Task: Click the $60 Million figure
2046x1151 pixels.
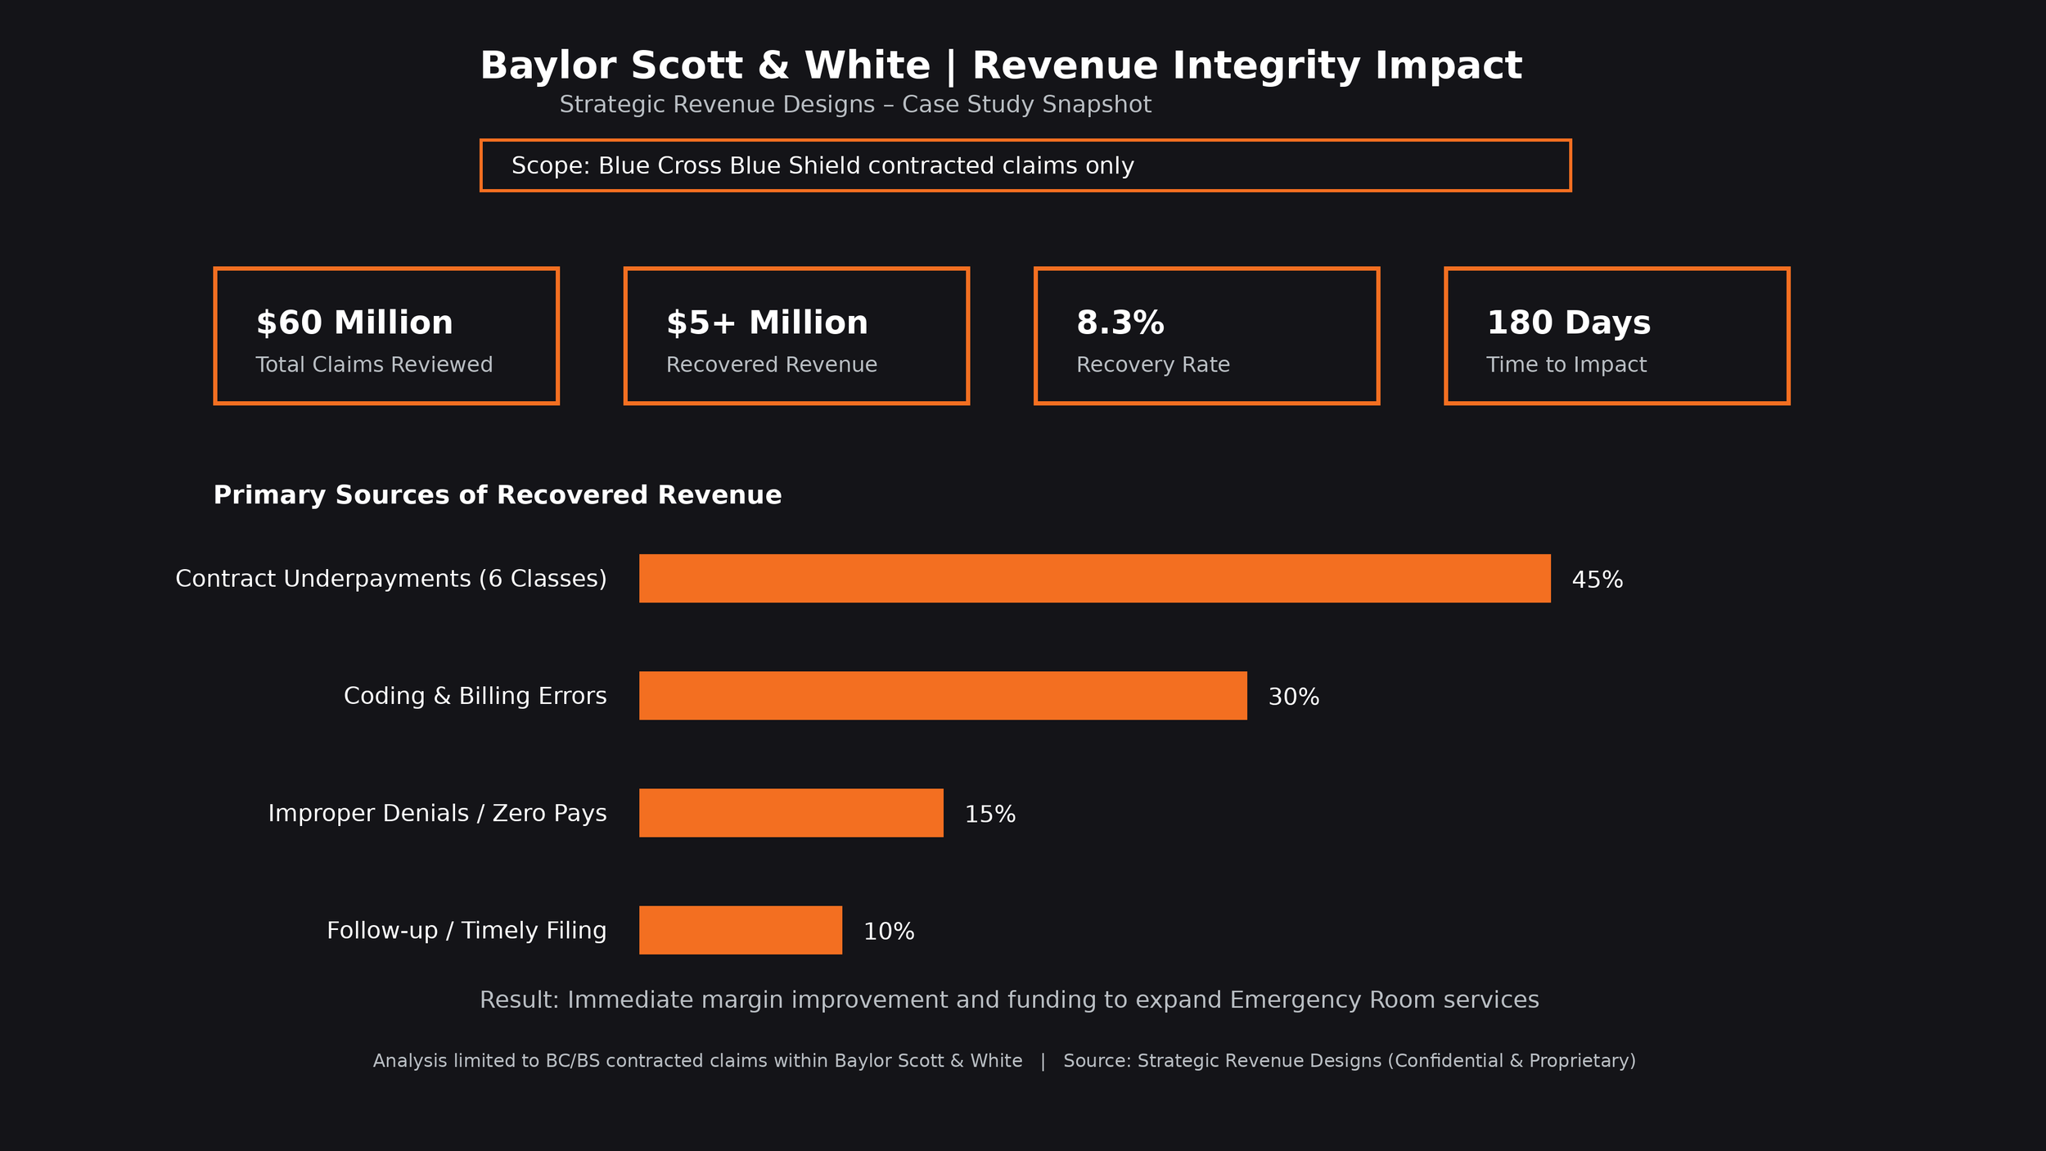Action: pyautogui.click(x=354, y=323)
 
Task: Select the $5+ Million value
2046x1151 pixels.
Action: pyautogui.click(x=767, y=323)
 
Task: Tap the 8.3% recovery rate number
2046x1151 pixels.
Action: pyautogui.click(x=1120, y=323)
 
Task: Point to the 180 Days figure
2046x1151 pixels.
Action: pyautogui.click(x=1568, y=323)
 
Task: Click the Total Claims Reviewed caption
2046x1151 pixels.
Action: pyautogui.click(x=374, y=365)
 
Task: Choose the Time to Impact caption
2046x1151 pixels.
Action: pyautogui.click(x=1566, y=365)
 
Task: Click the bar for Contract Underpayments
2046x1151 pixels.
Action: pyautogui.click(x=1094, y=579)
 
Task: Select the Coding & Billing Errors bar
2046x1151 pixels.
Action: pyautogui.click(x=943, y=696)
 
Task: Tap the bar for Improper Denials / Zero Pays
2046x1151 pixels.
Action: pyautogui.click(x=791, y=813)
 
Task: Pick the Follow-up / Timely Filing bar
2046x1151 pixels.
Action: pyautogui.click(x=740, y=930)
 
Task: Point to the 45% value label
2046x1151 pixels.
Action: pyautogui.click(x=1597, y=580)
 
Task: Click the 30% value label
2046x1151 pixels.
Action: pyautogui.click(x=1293, y=697)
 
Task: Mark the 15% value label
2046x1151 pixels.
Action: pyautogui.click(x=989, y=815)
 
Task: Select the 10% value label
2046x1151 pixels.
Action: pyautogui.click(x=889, y=932)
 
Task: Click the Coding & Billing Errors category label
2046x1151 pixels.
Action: pyautogui.click(x=475, y=696)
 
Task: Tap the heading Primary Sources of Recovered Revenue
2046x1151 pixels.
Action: pyautogui.click(x=497, y=495)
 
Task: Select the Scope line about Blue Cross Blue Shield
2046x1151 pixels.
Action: pyautogui.click(x=822, y=166)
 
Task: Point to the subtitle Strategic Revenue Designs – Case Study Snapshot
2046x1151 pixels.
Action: pyautogui.click(x=854, y=105)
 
